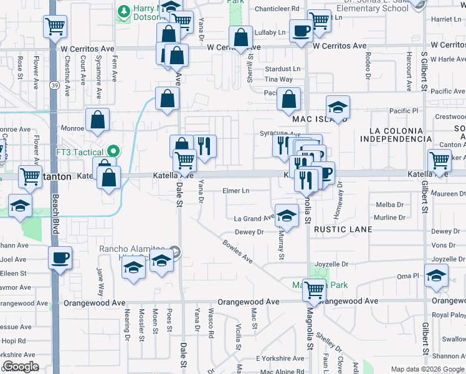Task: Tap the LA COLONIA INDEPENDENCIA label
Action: point(400,134)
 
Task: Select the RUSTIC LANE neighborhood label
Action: point(343,229)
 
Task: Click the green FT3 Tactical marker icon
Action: point(113,151)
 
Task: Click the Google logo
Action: point(20,367)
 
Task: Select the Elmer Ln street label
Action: point(237,191)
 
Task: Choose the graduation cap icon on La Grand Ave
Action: point(286,216)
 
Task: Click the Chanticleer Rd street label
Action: point(278,9)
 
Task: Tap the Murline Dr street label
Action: point(390,218)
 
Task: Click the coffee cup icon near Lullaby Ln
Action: point(301,30)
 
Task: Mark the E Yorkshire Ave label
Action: point(280,358)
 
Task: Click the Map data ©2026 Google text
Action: point(427,369)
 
